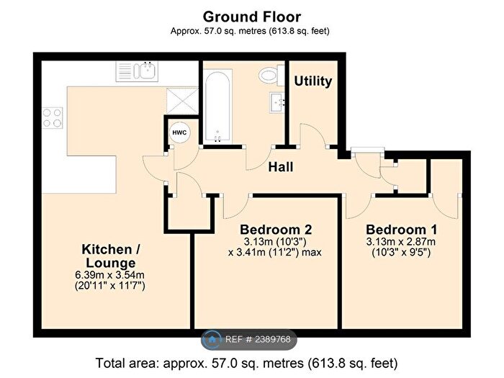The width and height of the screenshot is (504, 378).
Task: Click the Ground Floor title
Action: coord(252,17)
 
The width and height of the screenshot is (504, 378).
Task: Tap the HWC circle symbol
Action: coord(179,132)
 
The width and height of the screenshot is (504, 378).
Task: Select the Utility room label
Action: coord(312,81)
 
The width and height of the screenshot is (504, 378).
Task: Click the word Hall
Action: coord(281,167)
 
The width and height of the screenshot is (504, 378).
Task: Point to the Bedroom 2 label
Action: coord(276,230)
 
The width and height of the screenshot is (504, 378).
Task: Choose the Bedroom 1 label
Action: coord(402,230)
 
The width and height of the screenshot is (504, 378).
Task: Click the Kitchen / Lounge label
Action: coord(111,256)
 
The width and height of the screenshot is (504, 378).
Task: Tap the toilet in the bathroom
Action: coord(271,76)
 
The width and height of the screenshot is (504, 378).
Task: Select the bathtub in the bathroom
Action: coord(217,107)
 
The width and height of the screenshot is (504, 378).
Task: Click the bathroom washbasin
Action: coord(277,102)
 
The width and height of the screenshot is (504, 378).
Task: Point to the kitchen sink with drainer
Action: coord(137,71)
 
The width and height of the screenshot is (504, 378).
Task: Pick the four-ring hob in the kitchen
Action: coord(53,117)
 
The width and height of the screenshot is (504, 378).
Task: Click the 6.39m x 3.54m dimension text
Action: coord(109,275)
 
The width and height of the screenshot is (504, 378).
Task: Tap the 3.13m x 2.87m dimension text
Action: coord(401,242)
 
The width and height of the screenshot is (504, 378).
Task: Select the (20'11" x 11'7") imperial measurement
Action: coord(110,286)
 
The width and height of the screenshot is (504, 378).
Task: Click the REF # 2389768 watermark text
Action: coord(258,339)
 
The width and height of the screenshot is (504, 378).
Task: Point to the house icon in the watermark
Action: coord(212,339)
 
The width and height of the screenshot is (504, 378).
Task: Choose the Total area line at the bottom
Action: coord(246,364)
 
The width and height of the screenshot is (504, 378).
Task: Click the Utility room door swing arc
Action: coord(317,131)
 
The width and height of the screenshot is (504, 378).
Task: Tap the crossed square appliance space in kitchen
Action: coord(182,101)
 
